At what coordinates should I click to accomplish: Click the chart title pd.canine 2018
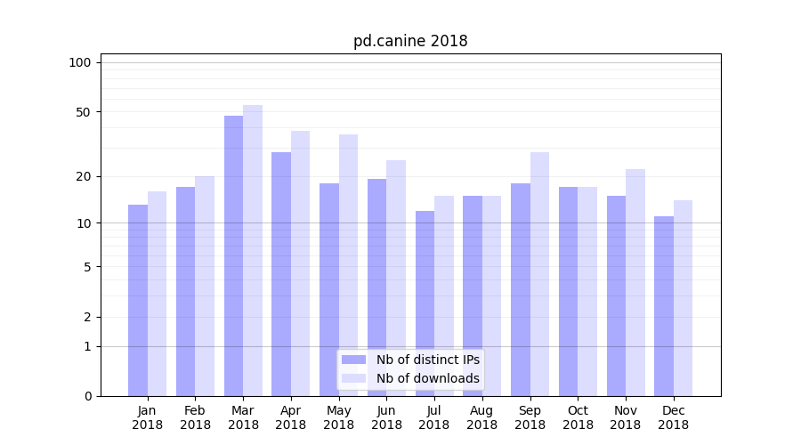pos(410,41)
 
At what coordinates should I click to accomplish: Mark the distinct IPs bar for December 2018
pos(664,306)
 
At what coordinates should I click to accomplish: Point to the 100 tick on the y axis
pos(80,62)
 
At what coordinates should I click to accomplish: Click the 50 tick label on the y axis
pos(84,112)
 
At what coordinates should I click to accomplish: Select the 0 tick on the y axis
pos(87,396)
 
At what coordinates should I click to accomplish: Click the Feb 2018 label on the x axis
pos(195,417)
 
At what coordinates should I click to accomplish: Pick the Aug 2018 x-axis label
pos(482,417)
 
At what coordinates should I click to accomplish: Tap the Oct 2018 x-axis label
pos(578,417)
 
